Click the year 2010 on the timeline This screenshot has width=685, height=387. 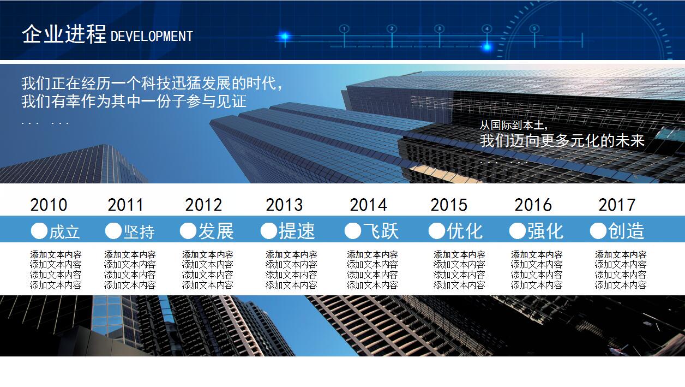coord(49,205)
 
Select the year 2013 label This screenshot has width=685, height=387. coord(284,205)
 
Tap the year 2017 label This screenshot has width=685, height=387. coord(617,205)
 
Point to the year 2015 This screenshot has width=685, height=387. coord(449,205)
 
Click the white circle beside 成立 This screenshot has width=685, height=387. coord(39,231)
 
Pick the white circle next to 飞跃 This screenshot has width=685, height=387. coord(352,231)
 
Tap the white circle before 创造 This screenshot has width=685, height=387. coord(598,231)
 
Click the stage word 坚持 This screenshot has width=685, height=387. coord(139,231)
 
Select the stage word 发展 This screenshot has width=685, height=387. coord(215,231)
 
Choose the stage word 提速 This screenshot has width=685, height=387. coord(297,231)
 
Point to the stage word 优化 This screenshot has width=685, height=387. coord(465,231)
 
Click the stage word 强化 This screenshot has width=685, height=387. coord(545,231)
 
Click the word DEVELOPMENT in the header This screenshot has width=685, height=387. coord(152,37)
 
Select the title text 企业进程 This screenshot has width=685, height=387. coord(64,34)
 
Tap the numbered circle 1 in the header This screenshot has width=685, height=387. coord(344,28)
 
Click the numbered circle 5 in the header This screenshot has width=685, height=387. coord(534,28)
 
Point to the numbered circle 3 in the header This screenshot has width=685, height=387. coord(439,28)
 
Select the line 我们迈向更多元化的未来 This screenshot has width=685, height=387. coord(562,141)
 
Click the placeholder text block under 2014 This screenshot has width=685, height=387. coord(372,270)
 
